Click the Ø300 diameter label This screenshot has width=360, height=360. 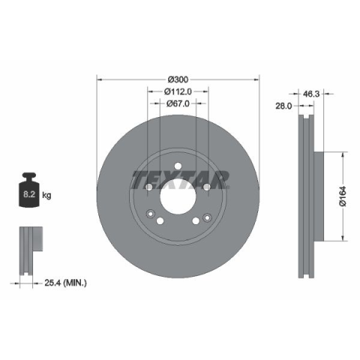(x=178, y=79)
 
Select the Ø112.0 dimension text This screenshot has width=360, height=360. (x=178, y=91)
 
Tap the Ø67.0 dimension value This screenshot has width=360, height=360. (x=178, y=103)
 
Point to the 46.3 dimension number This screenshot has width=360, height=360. (x=311, y=94)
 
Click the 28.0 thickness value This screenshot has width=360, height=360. (x=283, y=106)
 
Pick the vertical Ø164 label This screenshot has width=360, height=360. (x=343, y=196)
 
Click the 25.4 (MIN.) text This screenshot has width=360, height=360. (x=66, y=283)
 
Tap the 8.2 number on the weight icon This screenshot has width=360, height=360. (x=29, y=194)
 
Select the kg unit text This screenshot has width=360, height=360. (x=46, y=195)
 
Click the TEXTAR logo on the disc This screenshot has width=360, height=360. (x=180, y=180)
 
